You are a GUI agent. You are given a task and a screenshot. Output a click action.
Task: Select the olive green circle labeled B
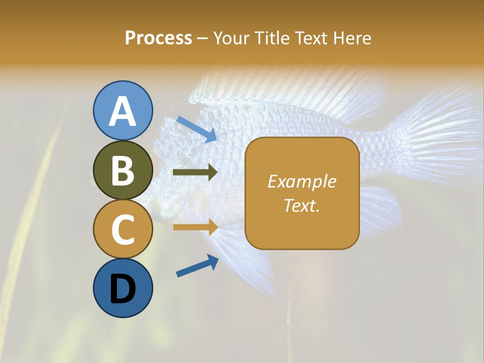point(123,170)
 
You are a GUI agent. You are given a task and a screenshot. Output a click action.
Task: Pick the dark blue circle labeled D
point(123,288)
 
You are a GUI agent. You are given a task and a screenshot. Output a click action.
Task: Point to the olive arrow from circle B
point(195,172)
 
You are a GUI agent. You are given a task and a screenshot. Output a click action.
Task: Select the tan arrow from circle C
point(195,227)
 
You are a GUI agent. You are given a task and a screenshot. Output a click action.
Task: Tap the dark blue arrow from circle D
point(197,266)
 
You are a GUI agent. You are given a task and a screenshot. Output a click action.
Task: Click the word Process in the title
point(158,38)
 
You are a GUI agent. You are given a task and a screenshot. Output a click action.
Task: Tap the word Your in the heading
point(232,38)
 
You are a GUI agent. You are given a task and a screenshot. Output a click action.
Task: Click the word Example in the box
point(301,181)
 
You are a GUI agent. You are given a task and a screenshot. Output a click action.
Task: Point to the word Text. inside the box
point(301,205)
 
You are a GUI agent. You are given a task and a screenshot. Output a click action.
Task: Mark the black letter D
point(123,289)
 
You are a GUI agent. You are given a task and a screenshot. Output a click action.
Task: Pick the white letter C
point(123,229)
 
